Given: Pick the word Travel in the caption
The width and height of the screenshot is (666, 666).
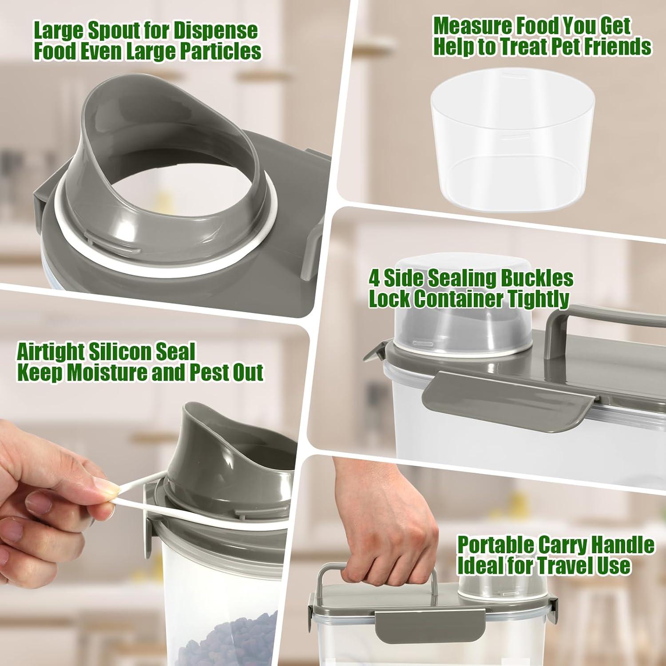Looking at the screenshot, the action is click(x=561, y=566).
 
